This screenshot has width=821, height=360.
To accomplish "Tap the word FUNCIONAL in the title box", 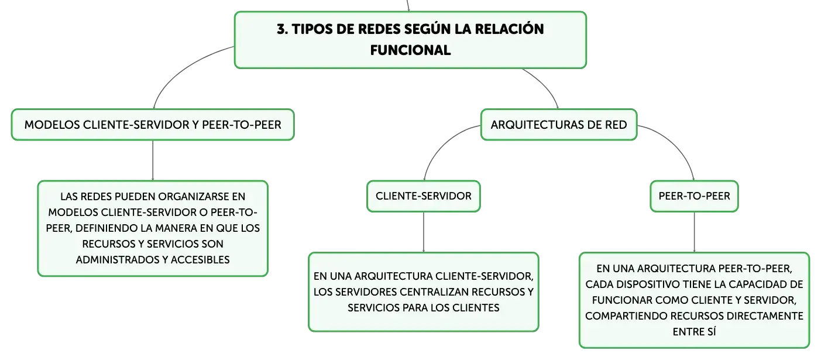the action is [411, 50].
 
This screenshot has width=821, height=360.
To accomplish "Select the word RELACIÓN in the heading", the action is [510, 29].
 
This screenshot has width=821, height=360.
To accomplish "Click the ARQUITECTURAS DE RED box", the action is [559, 125].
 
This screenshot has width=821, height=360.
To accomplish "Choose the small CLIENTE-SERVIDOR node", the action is [424, 196].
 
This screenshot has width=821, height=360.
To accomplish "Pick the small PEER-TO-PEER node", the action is [694, 196].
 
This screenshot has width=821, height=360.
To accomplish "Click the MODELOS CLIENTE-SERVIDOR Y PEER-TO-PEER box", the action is [153, 125].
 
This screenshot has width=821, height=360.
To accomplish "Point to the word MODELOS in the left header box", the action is [52, 125].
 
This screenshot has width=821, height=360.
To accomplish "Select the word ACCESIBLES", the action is [200, 259].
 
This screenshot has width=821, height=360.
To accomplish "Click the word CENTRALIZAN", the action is [434, 292].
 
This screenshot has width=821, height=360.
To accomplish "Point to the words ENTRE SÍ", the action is [694, 332].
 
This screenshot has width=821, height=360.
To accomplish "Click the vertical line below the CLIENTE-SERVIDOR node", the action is [424, 232].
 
